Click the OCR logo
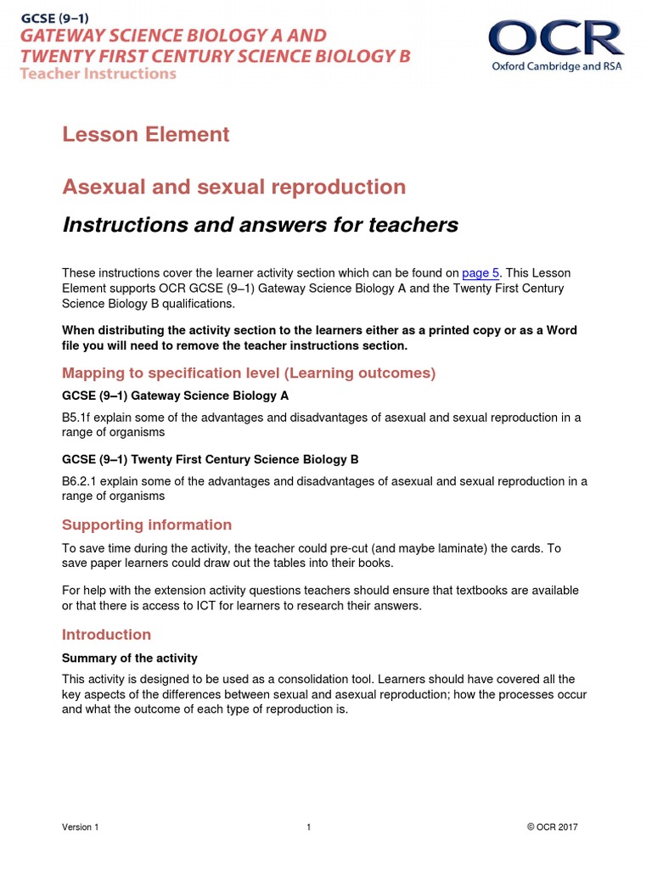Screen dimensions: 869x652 [555, 39]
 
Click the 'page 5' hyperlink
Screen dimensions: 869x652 [481, 272]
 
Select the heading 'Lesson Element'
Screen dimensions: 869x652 [145, 134]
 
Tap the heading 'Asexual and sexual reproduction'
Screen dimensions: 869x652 [233, 187]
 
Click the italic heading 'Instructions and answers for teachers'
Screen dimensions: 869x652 [260, 225]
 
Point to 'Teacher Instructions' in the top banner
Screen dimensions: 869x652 [98, 74]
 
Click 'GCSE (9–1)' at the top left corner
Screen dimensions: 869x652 [55, 16]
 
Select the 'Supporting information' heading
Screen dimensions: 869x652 [147, 524]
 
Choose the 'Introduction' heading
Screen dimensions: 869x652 [106, 635]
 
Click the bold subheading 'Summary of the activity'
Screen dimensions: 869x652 [130, 658]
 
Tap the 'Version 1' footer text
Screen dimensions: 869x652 [81, 827]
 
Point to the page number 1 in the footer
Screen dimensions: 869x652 [309, 827]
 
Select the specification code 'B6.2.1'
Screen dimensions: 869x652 [81, 481]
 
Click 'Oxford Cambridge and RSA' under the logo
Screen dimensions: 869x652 [556, 66]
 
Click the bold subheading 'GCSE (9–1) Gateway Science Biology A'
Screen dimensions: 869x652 [176, 395]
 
